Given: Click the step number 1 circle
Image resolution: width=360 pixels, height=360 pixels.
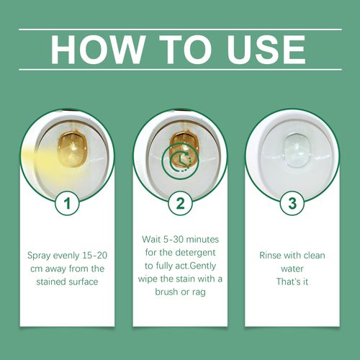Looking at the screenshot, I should (67, 204).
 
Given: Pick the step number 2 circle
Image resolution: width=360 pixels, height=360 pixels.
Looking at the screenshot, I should (179, 204).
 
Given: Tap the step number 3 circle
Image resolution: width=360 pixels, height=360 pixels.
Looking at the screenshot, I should (292, 204).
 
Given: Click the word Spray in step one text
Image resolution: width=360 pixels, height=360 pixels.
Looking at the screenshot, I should (40, 256).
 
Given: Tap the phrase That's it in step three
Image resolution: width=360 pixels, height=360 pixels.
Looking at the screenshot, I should (292, 282).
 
